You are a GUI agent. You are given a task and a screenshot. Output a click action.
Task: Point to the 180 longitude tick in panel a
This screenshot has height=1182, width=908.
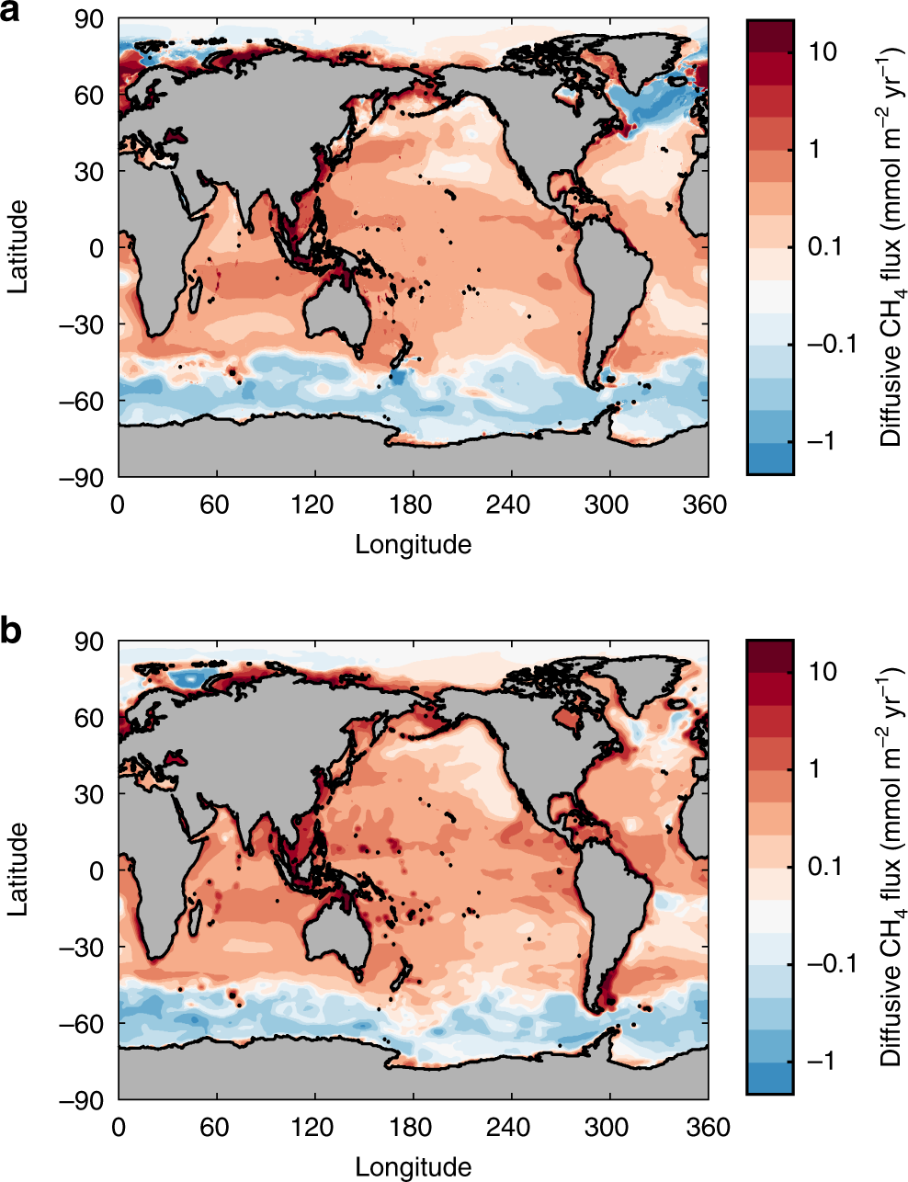[411, 505]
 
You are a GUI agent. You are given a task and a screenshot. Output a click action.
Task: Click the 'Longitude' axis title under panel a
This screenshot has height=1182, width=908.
[413, 545]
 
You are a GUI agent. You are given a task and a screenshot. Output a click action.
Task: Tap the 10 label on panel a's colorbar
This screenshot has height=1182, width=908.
[823, 51]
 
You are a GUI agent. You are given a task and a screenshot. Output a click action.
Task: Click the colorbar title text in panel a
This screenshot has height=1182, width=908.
[891, 247]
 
